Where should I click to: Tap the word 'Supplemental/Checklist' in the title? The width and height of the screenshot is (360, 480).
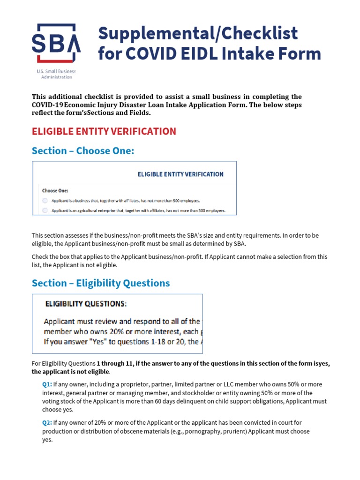[197, 33]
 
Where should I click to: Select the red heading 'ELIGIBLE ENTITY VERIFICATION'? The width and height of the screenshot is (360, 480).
[104, 131]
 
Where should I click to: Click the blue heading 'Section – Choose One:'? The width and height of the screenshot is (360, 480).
[83, 150]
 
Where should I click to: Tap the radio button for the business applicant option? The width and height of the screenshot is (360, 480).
[45, 201]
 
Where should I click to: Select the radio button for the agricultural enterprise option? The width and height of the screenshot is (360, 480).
[45, 211]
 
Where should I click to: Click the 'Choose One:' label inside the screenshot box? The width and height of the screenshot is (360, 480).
[55, 191]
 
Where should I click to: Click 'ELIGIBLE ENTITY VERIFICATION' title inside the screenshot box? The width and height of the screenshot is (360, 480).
[180, 174]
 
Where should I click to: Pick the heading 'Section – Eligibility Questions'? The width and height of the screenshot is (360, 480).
[101, 283]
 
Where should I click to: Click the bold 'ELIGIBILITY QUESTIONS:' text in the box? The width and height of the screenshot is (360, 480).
[85, 304]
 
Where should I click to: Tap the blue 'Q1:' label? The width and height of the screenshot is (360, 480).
[47, 384]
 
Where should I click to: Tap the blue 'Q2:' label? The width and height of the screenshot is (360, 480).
[47, 423]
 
